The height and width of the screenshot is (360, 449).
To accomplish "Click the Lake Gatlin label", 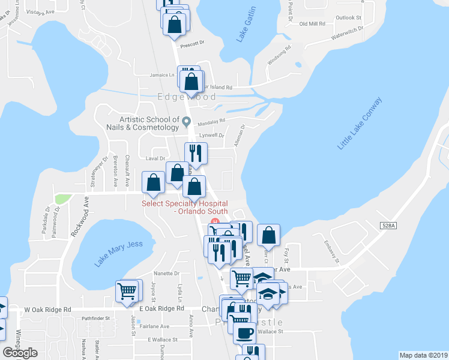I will tap(247, 25).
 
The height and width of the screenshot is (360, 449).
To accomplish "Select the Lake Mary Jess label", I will tap(119, 253).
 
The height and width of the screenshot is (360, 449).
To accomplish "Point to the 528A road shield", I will tap(388, 226).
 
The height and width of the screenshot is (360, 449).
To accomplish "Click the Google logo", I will tap(20, 353).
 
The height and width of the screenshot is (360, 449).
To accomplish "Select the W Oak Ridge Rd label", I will tap(47, 310).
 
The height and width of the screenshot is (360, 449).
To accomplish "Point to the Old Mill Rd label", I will tap(312, 24).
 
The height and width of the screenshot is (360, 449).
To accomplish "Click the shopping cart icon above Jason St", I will tap(127, 292).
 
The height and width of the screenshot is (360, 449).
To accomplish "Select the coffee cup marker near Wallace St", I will tap(244, 333).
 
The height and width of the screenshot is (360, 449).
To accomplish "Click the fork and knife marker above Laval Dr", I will tap(195, 152).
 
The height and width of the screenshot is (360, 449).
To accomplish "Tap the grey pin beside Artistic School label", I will tap(186, 122).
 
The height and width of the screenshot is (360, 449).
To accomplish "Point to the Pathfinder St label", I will tap(96, 319).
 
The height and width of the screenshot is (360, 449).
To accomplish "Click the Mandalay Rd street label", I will tap(212, 120).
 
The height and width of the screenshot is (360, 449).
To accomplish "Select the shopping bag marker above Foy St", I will tap(269, 235).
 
